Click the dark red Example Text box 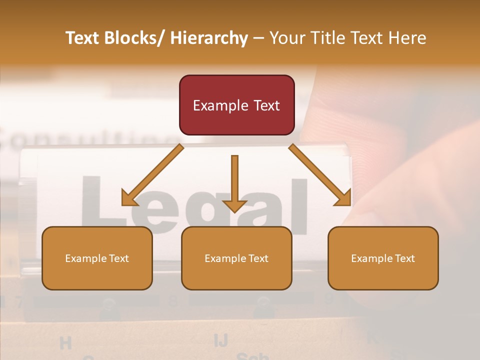(236, 105)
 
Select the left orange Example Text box (97, 258)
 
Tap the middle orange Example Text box (236, 258)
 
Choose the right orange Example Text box (383, 258)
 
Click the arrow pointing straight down (234, 182)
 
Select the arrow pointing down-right (320, 175)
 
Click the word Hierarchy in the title (209, 38)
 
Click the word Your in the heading (287, 38)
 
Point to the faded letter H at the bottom (65, 343)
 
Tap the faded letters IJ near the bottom (220, 340)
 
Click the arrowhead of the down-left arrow (129, 199)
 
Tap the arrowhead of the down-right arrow (343, 198)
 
